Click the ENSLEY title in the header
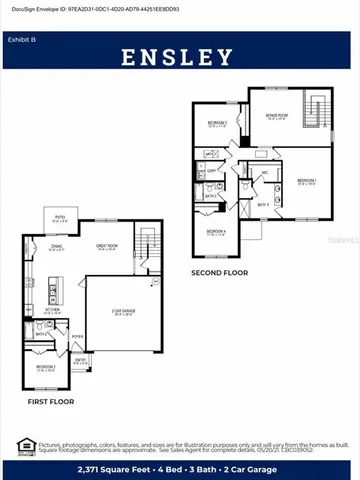(x=180, y=57)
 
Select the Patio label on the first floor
(x=60, y=216)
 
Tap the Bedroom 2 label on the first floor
(x=46, y=368)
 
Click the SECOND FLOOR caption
(x=220, y=272)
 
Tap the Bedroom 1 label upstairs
(x=306, y=181)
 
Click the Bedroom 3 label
(x=216, y=123)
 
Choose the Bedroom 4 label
(x=216, y=232)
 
